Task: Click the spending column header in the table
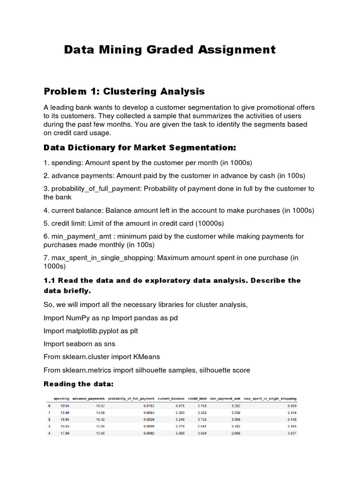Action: [62, 399]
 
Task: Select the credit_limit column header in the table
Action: [196, 399]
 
